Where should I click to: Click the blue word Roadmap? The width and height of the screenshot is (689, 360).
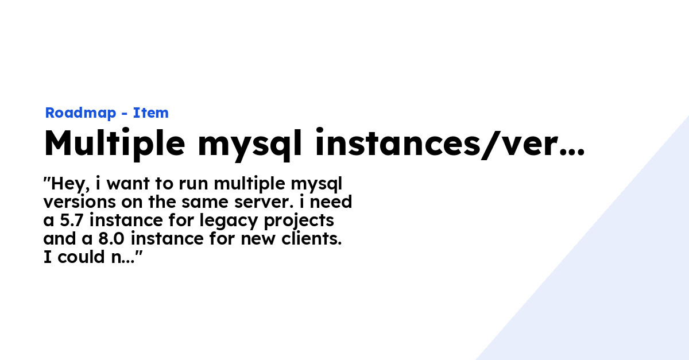80,113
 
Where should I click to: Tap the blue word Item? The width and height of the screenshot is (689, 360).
150,113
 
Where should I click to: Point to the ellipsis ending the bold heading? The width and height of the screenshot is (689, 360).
572,152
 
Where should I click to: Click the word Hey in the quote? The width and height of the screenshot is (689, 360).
68,184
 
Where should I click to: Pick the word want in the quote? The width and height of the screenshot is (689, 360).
128,184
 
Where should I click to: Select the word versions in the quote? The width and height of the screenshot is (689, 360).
80,202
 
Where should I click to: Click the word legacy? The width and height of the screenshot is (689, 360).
229,221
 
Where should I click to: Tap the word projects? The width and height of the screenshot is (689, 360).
299,221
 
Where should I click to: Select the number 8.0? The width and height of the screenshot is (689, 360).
111,239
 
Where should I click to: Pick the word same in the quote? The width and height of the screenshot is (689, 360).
205,203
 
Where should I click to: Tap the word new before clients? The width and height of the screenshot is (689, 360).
258,239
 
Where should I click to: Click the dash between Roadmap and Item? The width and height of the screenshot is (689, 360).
125,114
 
